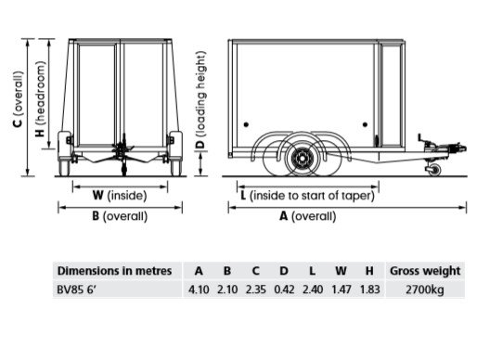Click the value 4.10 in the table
(199, 290)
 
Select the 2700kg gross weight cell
(424, 290)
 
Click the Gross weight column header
(424, 271)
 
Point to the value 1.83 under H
(368, 290)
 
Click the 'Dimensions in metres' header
(114, 271)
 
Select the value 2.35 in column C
(254, 290)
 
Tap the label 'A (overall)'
(310, 216)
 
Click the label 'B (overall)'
(120, 216)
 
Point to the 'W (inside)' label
(120, 196)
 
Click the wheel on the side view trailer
(301, 161)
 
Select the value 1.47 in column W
(340, 290)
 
